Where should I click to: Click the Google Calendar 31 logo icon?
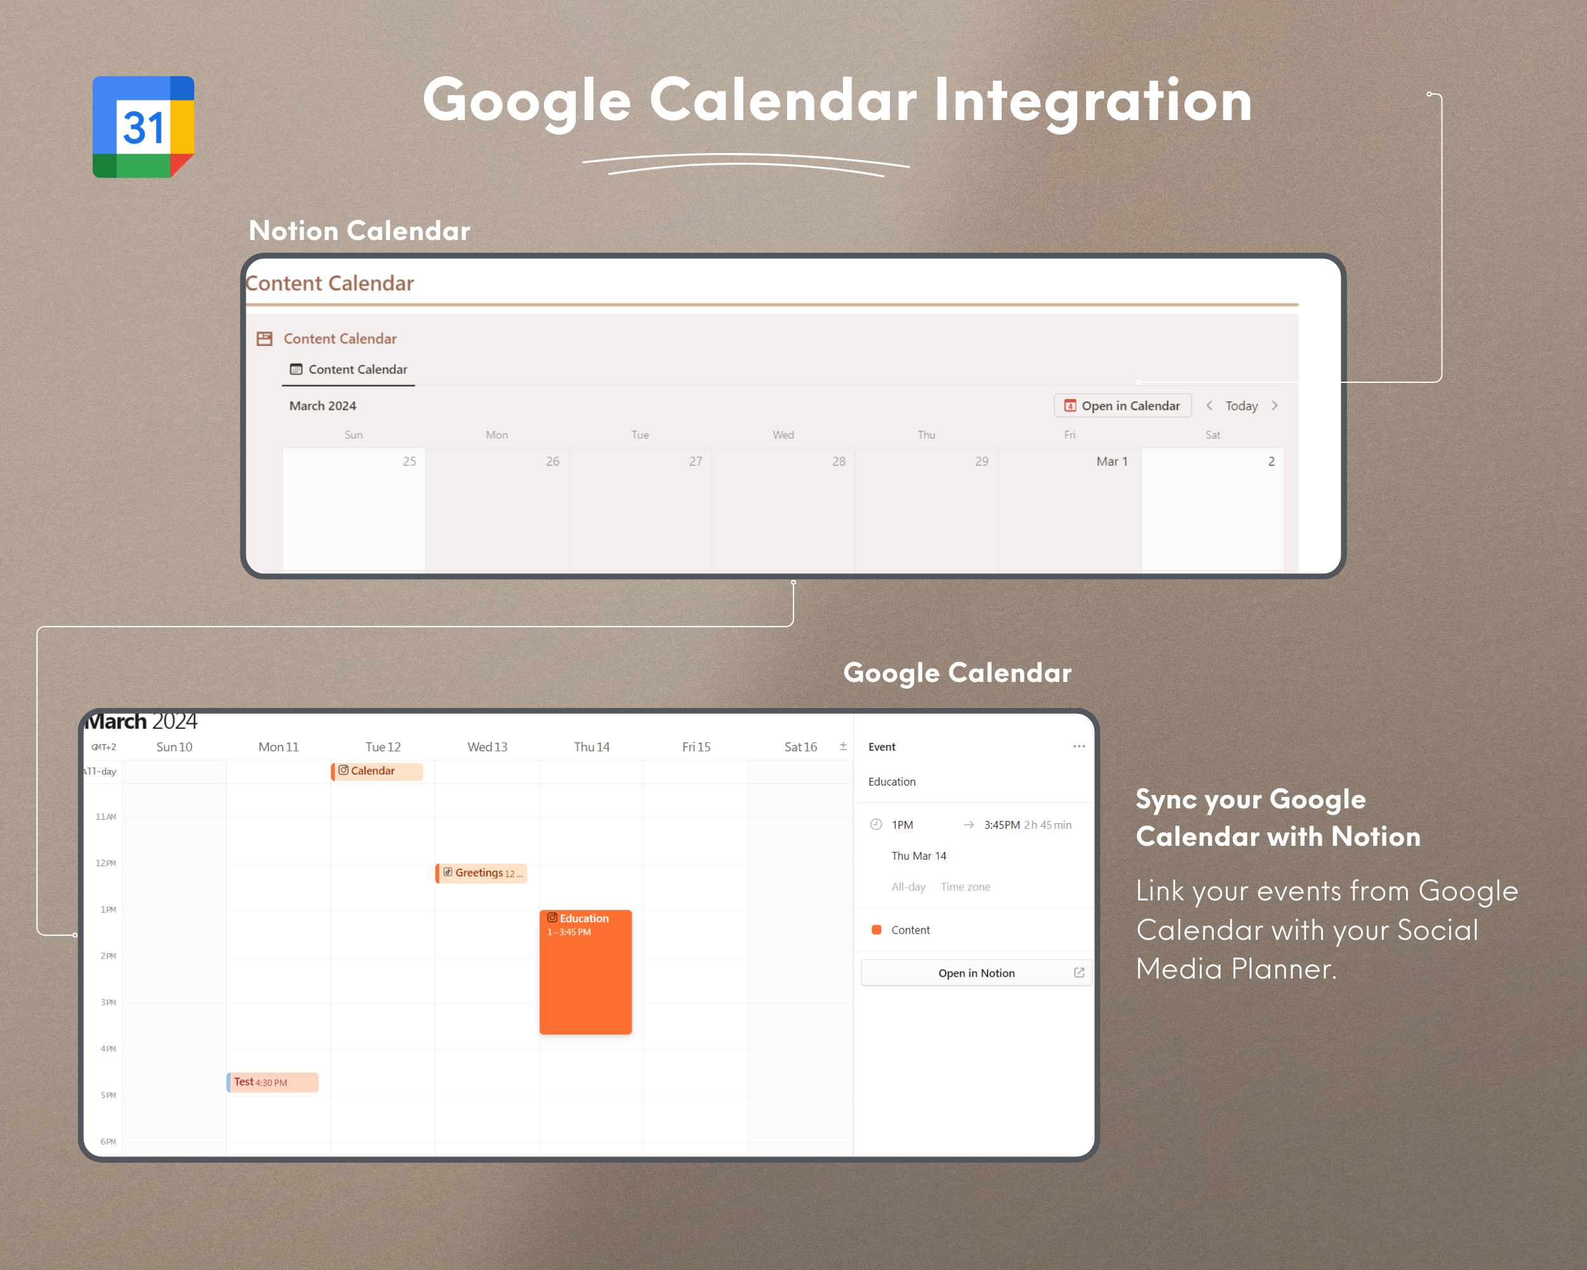point(143,126)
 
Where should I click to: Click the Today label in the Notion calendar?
point(1241,406)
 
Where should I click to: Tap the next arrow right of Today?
point(1274,406)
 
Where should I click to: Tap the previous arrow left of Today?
point(1209,406)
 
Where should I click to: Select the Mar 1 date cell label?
point(1112,462)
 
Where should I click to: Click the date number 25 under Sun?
point(409,462)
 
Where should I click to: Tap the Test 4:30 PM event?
point(272,1082)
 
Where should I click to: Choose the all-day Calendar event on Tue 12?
point(377,771)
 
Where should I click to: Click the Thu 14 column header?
point(591,747)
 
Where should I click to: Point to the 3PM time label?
point(108,1003)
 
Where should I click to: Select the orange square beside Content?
point(876,930)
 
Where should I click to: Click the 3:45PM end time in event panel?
point(1002,825)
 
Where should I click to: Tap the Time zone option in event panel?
point(965,887)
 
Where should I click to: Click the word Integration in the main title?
point(1093,101)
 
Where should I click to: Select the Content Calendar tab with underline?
point(349,370)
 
